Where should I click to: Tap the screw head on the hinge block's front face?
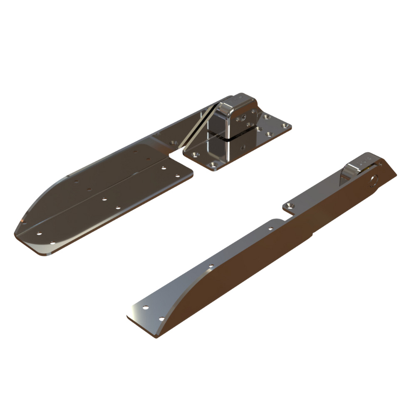(x=241, y=118)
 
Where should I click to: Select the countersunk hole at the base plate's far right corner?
(x=285, y=125)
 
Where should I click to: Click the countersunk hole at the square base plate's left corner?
(x=196, y=154)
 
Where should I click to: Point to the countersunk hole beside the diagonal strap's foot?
(x=175, y=143)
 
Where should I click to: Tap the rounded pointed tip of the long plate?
(x=19, y=229)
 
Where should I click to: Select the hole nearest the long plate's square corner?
(x=178, y=176)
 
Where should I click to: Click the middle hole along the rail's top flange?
(x=211, y=265)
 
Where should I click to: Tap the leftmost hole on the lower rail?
(x=145, y=308)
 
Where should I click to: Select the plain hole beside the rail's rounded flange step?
(x=270, y=228)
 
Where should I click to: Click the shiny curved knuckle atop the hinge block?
(x=225, y=109)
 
